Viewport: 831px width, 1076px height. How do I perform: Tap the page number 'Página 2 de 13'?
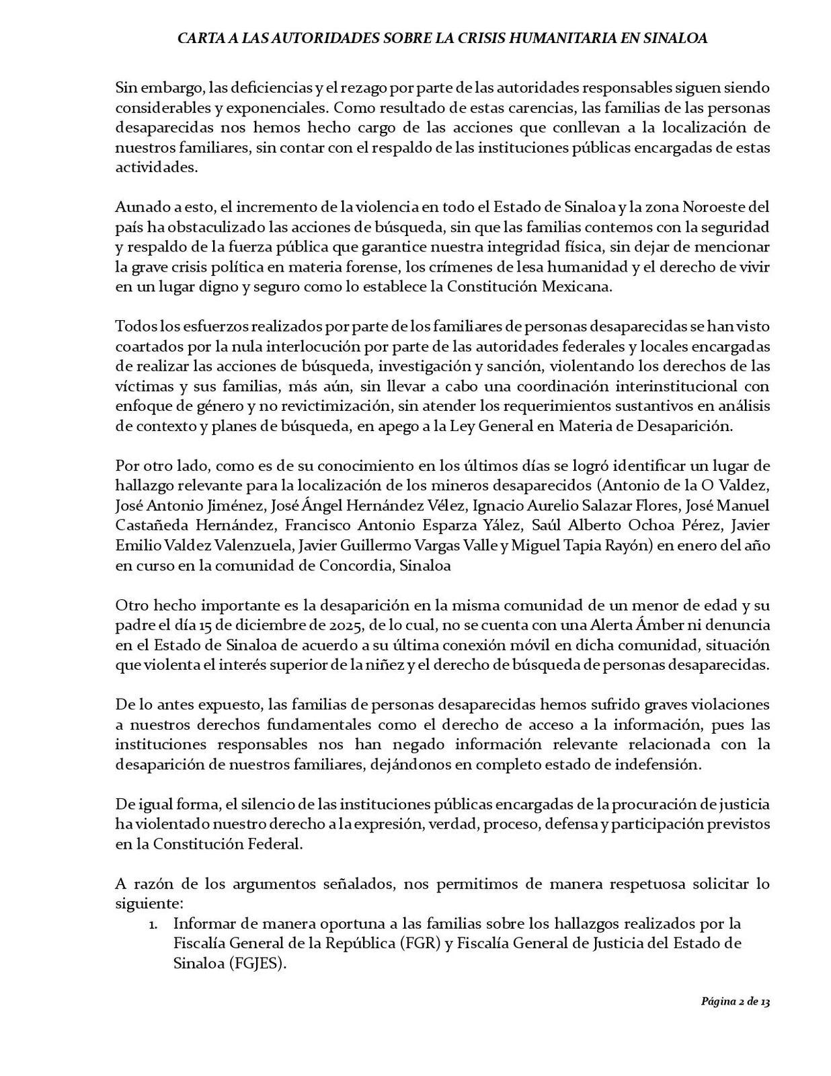point(735,1001)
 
